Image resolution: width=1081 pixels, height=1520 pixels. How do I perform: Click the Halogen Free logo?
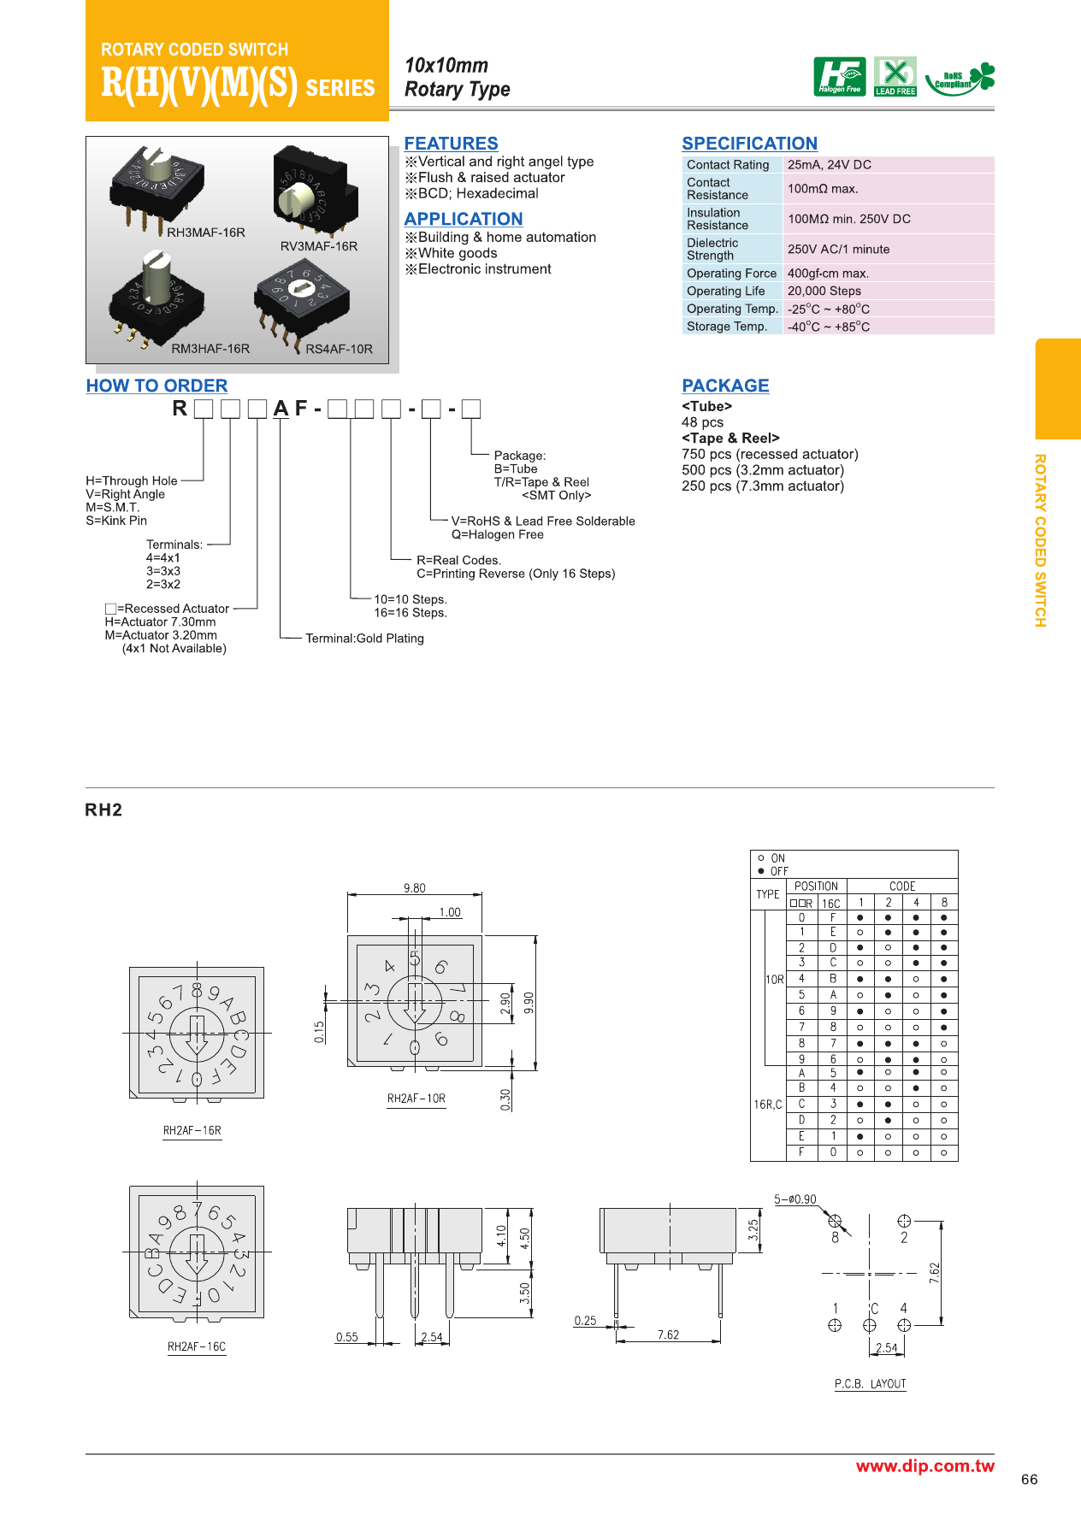(839, 77)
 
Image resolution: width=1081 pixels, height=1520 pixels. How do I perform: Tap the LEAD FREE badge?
(895, 77)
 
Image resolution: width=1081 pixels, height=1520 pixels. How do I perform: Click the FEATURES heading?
(451, 144)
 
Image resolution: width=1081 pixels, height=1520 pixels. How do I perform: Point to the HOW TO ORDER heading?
(157, 386)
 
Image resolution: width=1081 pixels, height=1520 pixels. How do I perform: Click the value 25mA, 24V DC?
(830, 165)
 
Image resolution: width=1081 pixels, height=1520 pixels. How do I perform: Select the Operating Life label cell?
(726, 291)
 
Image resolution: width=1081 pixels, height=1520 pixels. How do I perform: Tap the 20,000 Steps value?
(824, 291)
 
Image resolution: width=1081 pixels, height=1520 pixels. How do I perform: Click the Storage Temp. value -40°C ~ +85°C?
(829, 327)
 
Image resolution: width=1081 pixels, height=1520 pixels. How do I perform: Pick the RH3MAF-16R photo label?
(206, 233)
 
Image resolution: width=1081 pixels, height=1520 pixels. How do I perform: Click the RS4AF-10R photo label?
(340, 349)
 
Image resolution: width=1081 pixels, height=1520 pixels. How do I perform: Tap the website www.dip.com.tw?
(925, 1466)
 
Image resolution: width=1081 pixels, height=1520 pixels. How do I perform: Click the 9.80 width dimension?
(415, 888)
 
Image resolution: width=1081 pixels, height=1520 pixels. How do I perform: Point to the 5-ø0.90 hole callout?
(795, 1199)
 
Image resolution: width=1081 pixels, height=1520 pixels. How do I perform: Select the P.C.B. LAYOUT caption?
(870, 1384)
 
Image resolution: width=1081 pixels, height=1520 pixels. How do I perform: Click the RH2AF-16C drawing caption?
(197, 1346)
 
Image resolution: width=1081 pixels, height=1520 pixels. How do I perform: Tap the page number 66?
(1029, 1480)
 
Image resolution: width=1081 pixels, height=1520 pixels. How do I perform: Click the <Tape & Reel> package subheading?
(730, 438)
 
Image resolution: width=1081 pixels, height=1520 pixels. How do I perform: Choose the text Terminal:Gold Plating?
(364, 639)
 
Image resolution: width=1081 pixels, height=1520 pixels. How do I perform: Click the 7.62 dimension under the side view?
(668, 1334)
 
